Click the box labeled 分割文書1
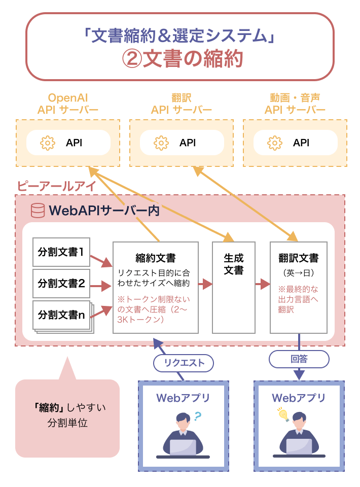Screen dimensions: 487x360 coord(61,252)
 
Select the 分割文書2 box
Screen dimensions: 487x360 coord(61,283)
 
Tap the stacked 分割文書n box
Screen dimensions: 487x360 coord(61,315)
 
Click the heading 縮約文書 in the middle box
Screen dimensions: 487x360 coord(156,258)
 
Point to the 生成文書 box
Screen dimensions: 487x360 coord(233,264)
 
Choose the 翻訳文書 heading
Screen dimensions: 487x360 coord(298,258)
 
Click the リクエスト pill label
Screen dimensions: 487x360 coord(184,362)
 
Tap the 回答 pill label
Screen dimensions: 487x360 coord(299,359)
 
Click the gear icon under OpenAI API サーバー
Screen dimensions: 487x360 coord(47,143)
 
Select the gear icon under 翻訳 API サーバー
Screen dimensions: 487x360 coord(161,143)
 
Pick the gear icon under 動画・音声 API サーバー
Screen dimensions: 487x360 coord(274,143)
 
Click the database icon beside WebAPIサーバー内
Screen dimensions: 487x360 coord(38,211)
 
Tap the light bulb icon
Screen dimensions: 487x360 coord(283,414)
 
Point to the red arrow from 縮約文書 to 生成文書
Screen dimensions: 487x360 coord(205,284)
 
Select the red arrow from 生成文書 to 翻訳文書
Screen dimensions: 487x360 coord(263,284)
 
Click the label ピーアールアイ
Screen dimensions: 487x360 coord(56,186)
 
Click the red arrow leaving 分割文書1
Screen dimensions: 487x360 coord(101,260)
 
